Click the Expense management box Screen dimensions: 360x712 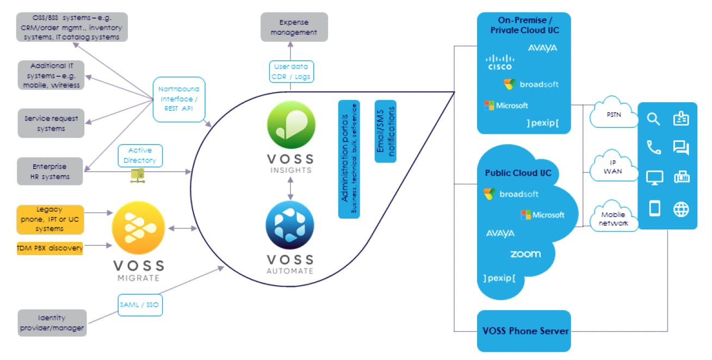tap(294, 27)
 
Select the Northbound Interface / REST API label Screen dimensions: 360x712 tap(179, 99)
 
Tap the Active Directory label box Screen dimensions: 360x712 tap(140, 156)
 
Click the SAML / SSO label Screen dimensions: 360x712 tap(140, 305)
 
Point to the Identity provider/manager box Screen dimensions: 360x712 tap(52, 323)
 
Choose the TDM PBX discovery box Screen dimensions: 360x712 tap(49, 249)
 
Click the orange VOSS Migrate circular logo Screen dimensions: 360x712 tap(138, 229)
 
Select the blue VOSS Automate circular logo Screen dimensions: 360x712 tap(290, 226)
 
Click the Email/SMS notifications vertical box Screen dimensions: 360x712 tap(385, 131)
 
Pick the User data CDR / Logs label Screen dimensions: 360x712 tap(291, 72)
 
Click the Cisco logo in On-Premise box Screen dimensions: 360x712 tap(500, 63)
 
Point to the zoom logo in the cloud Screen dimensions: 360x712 tap(525, 254)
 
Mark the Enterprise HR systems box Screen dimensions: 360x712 tap(49, 172)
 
